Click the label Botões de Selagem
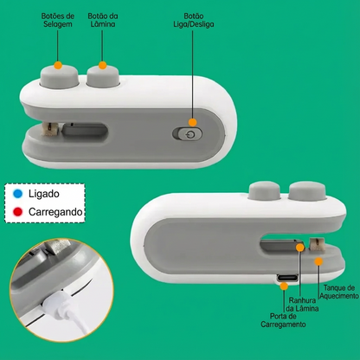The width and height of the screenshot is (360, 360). pos(58,20)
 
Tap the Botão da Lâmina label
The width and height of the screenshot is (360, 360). pos(103,20)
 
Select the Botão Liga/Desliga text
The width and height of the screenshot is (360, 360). pos(194,20)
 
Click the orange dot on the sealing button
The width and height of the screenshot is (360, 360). pos(58,65)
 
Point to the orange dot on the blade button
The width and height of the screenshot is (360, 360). pos(102,65)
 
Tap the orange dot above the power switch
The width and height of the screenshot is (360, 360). pos(192,122)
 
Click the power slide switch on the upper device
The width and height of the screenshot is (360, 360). pos(188,134)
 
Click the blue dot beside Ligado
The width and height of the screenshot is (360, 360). pos(18,194)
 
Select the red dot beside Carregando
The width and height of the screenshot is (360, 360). pos(18,212)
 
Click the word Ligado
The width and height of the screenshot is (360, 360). pos(44,194)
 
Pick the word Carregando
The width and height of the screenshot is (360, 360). pos(55,212)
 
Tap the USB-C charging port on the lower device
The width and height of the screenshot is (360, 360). pos(287,278)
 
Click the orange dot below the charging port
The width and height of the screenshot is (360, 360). pos(284,286)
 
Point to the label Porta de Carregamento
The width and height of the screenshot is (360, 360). pos(283,320)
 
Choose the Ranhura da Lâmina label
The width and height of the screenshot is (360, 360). pos(302,305)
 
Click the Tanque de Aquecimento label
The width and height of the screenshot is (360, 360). pos(339,292)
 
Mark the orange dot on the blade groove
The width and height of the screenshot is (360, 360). pos(300,247)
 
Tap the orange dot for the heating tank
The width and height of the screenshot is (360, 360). pos(318,261)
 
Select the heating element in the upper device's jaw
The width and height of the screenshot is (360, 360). pos(50,128)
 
